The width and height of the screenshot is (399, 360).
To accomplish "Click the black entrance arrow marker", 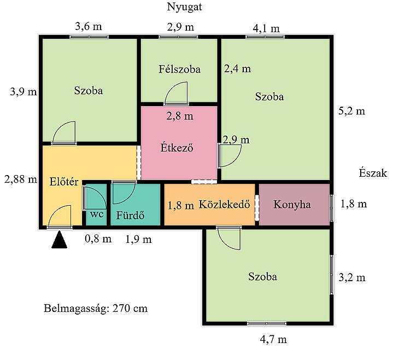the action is (59, 240).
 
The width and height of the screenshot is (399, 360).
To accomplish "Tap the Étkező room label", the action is (177, 148).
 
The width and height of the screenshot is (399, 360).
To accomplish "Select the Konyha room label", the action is (292, 205).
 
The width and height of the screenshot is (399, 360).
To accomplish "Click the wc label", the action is (97, 214).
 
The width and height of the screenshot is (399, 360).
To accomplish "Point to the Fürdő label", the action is (130, 215).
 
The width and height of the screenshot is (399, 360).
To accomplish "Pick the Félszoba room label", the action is (179, 69).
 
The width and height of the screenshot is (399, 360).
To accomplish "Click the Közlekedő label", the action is (224, 204).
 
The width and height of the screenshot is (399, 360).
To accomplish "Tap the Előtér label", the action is (64, 182).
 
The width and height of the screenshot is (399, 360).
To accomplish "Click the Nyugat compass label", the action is (184, 7).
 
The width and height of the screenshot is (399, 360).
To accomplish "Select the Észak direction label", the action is (373, 173).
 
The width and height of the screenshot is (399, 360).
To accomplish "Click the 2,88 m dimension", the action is (21, 179).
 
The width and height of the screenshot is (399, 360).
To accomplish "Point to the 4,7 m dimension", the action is (273, 339).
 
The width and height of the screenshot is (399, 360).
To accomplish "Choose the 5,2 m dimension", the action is (351, 111).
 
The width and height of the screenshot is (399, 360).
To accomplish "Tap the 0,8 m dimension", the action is (98, 239).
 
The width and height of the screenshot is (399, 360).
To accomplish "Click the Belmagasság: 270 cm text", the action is (96, 308).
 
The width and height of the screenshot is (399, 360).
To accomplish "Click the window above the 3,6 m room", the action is (89, 37).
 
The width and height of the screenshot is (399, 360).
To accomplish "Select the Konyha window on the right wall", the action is (331, 208).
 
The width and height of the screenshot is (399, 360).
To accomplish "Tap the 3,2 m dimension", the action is (352, 277).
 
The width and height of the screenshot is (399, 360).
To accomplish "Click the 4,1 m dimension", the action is (266, 28).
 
